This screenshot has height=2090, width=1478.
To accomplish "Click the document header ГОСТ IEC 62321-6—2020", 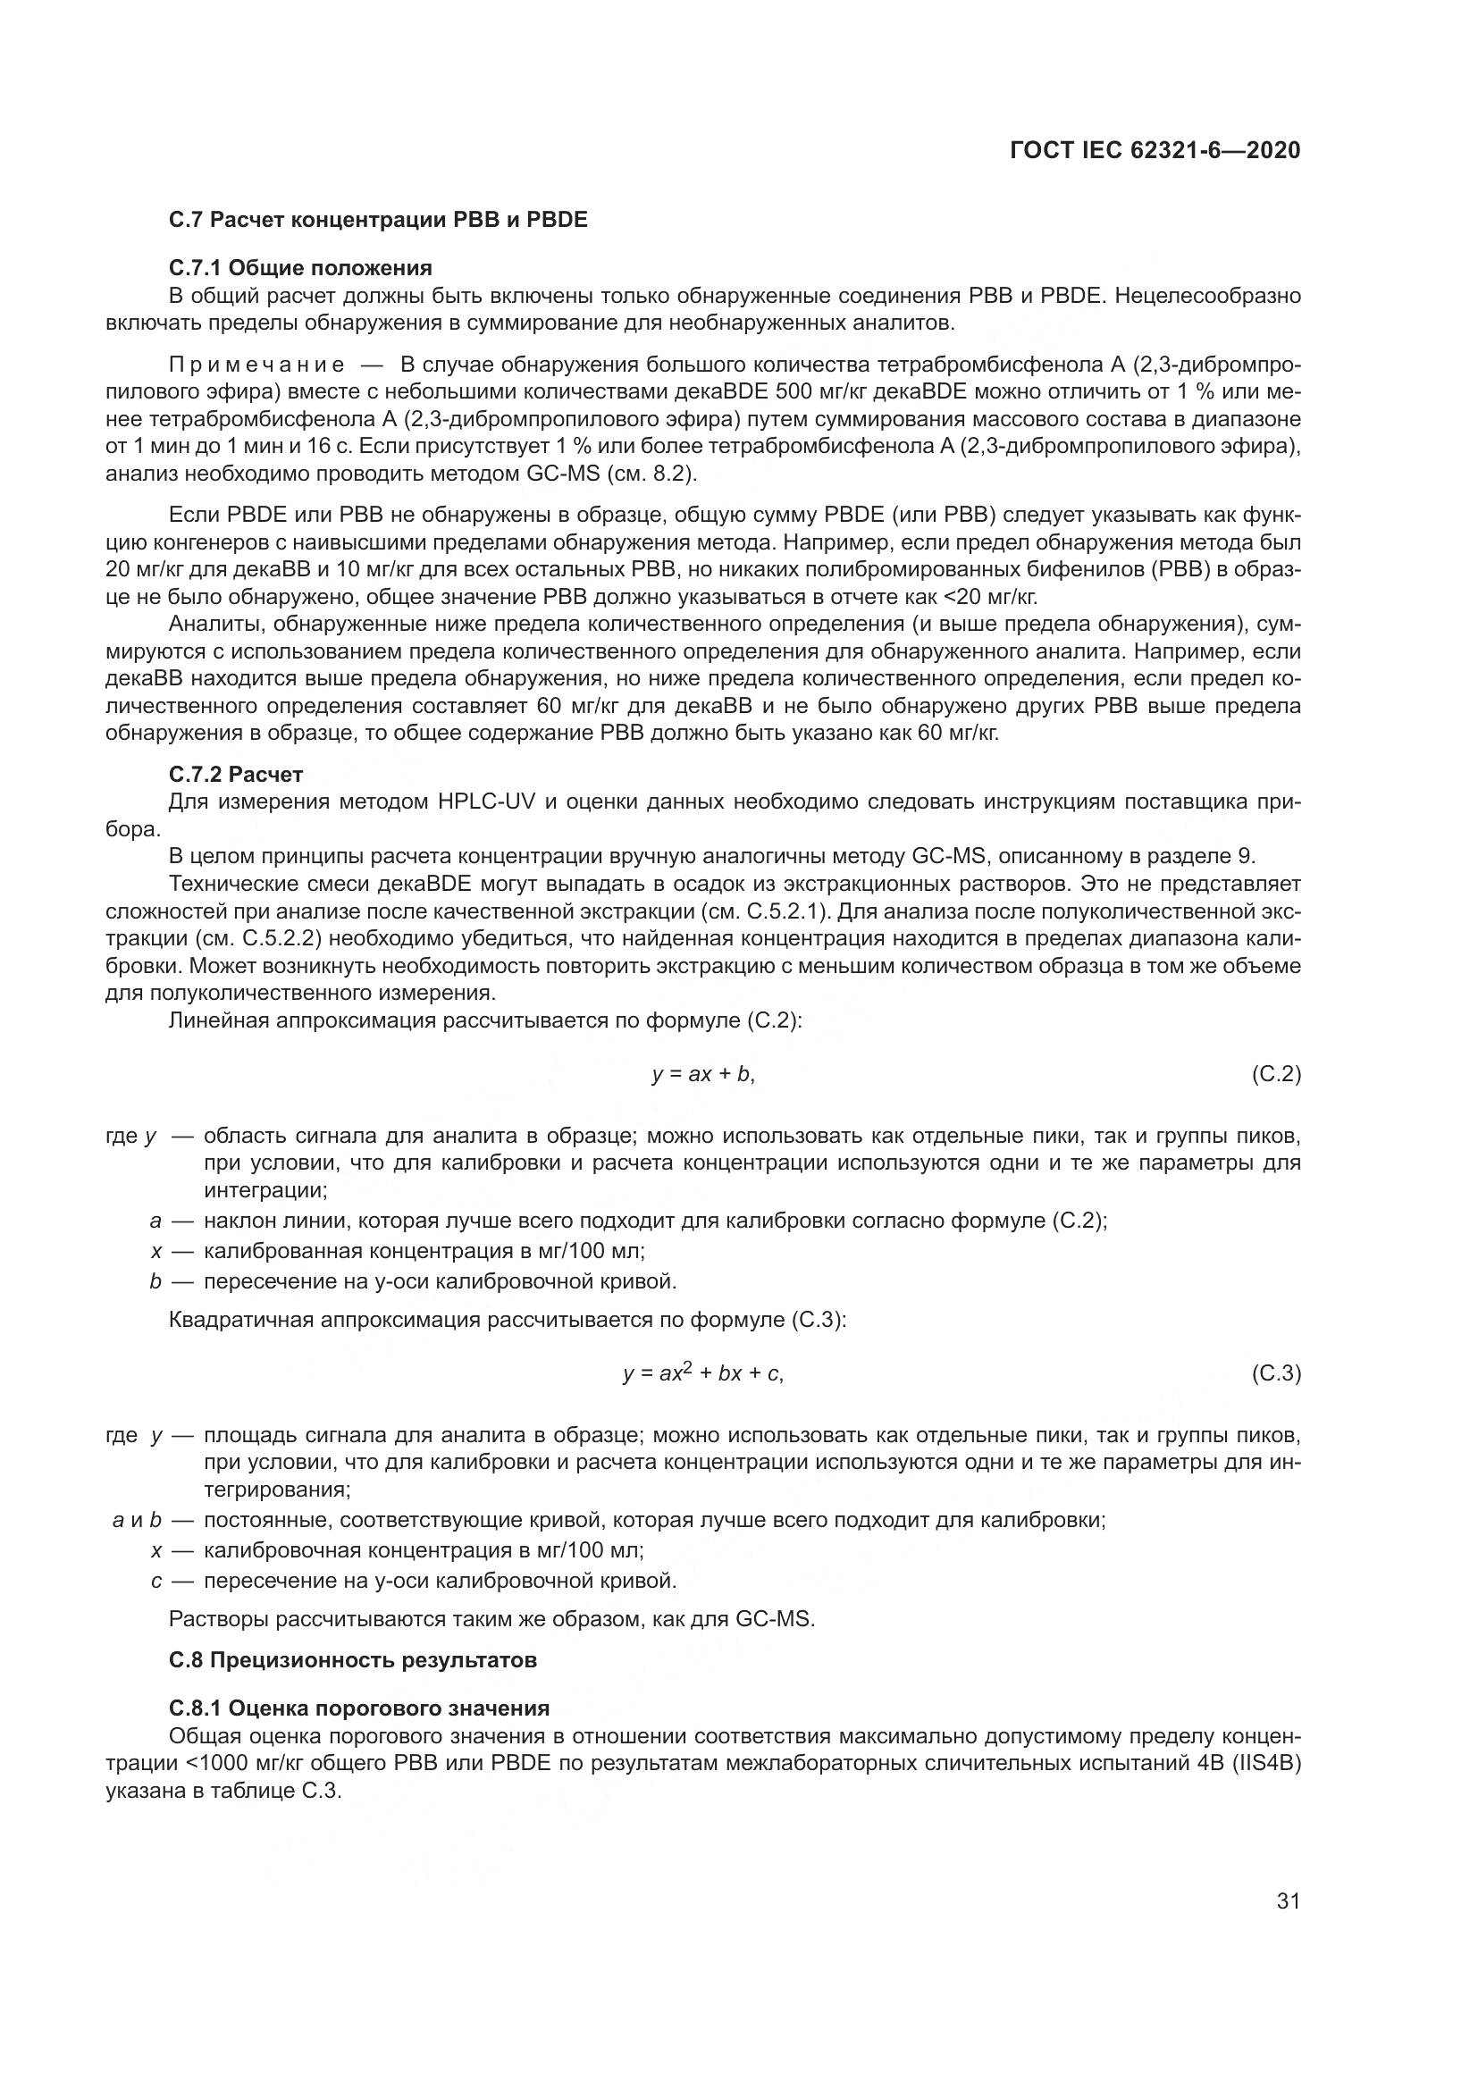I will [1155, 151].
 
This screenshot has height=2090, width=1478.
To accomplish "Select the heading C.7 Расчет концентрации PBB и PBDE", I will [378, 221].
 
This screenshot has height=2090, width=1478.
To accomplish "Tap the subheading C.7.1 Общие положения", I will [300, 268].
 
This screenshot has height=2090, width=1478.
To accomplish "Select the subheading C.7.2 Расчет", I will [236, 775].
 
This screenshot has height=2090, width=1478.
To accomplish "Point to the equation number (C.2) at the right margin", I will [1276, 1075].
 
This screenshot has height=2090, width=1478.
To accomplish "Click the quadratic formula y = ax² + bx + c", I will [702, 1373].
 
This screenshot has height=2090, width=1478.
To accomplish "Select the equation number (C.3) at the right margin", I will [1276, 1374].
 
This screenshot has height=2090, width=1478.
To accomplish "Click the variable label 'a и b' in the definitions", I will [137, 1520].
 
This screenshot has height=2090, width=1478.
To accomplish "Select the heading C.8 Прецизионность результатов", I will [353, 1660].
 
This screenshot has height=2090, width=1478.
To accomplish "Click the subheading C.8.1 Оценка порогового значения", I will [359, 1708].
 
